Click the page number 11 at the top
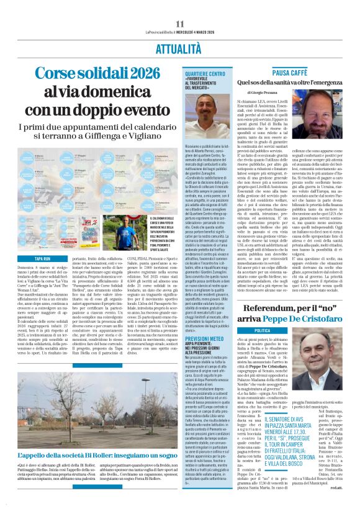pos(179,6)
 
